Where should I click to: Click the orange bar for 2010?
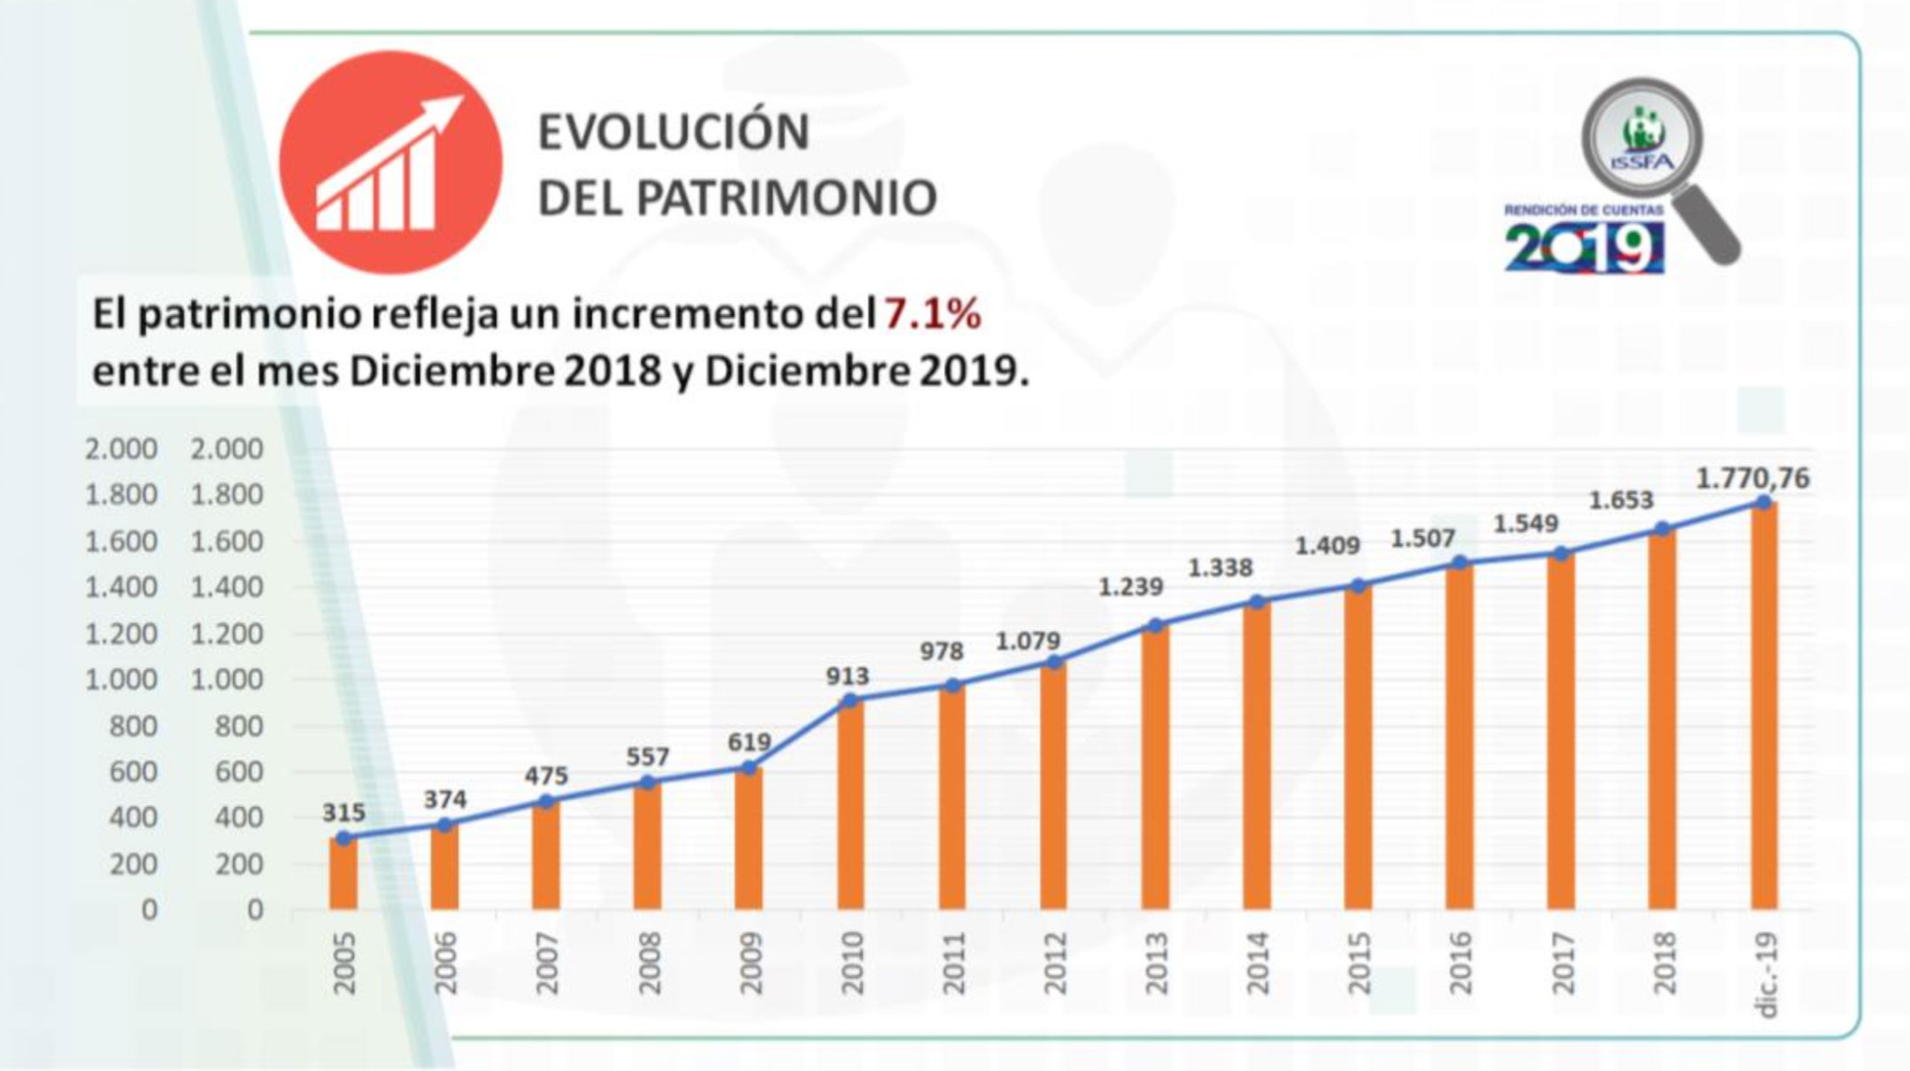pos(851,805)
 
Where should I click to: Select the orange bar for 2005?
pos(343,874)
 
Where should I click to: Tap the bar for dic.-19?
pos(1764,708)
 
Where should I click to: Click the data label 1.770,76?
pos(1752,479)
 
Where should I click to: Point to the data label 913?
pos(848,676)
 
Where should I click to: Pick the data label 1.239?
pos(1130,587)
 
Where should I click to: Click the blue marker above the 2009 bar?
pos(749,767)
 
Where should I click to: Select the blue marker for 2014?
pos(1257,602)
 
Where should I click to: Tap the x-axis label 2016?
pos(1460,962)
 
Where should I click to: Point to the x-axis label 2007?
pos(546,962)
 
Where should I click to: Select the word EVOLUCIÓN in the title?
pos(674,133)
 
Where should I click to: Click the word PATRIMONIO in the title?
pos(787,198)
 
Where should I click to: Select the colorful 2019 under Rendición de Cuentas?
pos(1584,248)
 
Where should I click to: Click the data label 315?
pos(343,813)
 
